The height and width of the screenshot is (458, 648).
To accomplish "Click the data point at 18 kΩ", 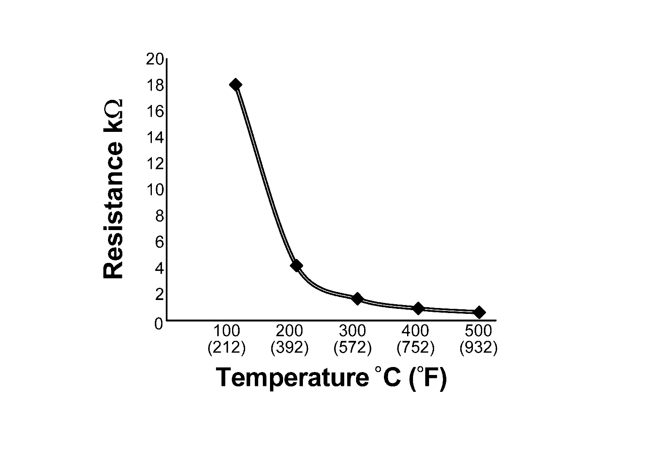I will coord(235,85).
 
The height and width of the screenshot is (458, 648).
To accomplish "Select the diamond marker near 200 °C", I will coord(296,265).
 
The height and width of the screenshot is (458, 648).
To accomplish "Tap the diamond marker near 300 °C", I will coord(357,299).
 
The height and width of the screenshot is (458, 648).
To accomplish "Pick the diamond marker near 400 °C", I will coord(418,308).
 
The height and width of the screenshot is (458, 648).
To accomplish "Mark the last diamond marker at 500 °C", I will coord(479,312).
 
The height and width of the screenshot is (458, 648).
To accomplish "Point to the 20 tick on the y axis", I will coord(154,59).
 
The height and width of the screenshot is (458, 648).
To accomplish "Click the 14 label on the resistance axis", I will coord(154,138).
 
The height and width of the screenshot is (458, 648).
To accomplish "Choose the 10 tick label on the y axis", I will coord(154,190).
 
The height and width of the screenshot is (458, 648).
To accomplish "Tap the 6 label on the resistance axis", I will coord(159,242).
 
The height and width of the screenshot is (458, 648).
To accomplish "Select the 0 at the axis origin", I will coord(159,324).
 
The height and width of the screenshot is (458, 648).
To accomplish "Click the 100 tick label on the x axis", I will coord(227,331).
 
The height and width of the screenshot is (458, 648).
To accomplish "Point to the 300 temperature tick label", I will coord(352,331).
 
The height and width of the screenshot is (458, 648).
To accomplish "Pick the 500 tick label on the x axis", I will coord(479,331).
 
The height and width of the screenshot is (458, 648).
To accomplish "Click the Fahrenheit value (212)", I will coord(227,348).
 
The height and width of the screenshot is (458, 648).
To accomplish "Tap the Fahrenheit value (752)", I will coord(416,348).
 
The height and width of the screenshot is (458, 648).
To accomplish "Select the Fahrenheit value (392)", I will coord(289,348).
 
